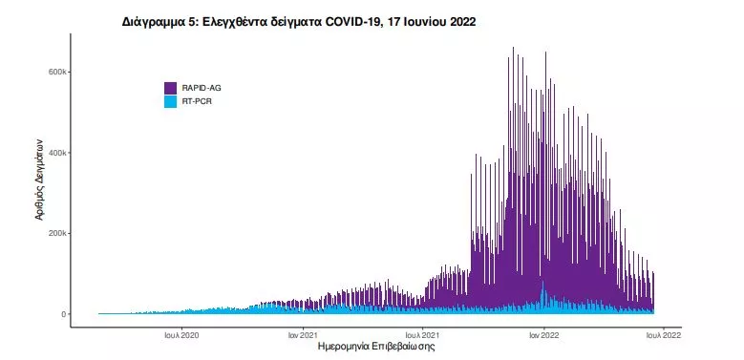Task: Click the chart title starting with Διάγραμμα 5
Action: point(299,21)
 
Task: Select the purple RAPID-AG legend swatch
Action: point(171,88)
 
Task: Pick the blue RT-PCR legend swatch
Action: point(171,100)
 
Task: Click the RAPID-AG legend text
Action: point(202,88)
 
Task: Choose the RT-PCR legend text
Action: point(197,100)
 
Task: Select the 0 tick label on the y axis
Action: point(63,314)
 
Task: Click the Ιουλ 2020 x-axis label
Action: point(181,335)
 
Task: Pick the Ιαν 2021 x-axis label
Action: point(303,335)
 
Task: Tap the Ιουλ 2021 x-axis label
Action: point(421,335)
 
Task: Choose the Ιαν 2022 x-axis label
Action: point(543,335)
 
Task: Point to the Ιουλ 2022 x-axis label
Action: point(662,335)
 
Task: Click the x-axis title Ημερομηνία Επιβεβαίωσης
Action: point(376,348)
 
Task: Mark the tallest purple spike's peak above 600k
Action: point(513,48)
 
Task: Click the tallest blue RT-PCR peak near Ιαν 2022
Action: point(542,283)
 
